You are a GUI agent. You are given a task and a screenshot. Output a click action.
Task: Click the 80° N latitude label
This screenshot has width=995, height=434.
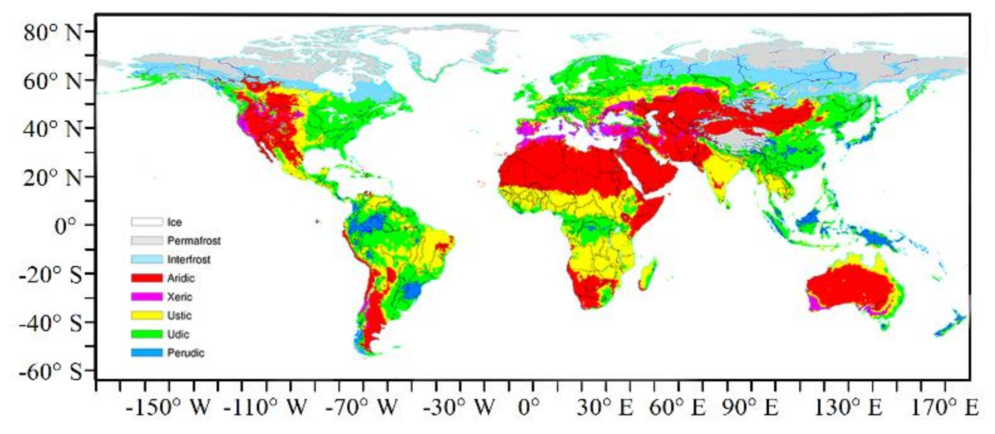pyautogui.click(x=53, y=33)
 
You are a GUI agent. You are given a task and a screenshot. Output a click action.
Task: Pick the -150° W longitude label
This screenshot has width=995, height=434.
pyautogui.click(x=168, y=407)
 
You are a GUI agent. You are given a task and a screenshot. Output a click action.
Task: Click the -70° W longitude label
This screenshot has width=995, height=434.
pyautogui.click(x=361, y=407)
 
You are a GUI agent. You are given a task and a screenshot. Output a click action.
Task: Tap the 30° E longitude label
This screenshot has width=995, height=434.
pyautogui.click(x=605, y=407)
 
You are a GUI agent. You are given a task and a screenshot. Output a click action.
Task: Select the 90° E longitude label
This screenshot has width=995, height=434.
pyautogui.click(x=750, y=407)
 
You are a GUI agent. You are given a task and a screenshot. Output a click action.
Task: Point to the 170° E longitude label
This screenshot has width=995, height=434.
pyautogui.click(x=945, y=407)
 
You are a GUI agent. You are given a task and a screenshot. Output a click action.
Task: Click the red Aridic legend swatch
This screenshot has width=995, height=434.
pyautogui.click(x=147, y=278)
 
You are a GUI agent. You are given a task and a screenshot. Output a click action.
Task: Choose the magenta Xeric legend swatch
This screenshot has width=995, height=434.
pyautogui.click(x=147, y=296)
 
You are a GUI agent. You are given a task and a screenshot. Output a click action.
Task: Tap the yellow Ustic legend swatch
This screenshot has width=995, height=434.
pyautogui.click(x=147, y=315)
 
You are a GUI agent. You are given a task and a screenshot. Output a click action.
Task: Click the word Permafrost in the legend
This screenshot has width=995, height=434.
pyautogui.click(x=194, y=241)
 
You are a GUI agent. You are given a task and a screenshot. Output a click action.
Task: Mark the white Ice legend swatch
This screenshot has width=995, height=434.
pyautogui.click(x=147, y=222)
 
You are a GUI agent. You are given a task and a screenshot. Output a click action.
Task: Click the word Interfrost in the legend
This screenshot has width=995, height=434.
pyautogui.click(x=189, y=259)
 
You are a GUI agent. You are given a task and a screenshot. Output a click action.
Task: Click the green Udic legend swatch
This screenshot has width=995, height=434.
pyautogui.click(x=147, y=334)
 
